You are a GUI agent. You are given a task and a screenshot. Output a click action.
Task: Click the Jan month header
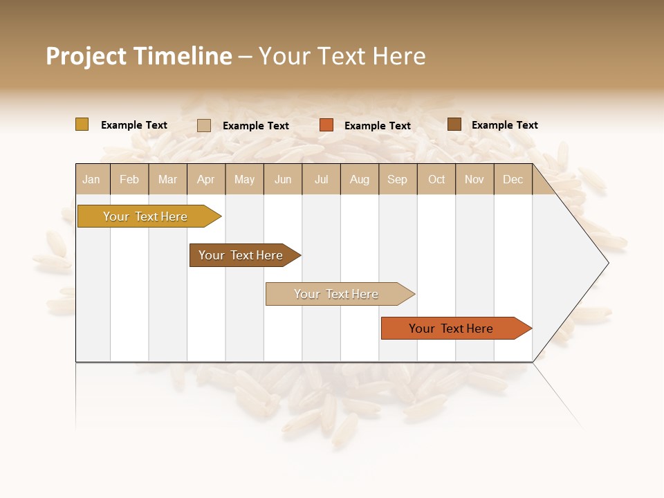click(x=92, y=179)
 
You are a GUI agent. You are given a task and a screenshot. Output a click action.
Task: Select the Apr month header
click(x=206, y=179)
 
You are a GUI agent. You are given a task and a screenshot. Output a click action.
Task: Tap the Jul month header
click(x=322, y=179)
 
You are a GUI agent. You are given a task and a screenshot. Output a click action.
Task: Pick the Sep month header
click(x=397, y=179)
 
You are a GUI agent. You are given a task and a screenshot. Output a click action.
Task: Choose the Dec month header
click(x=513, y=179)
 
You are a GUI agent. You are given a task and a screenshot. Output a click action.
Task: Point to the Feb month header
click(x=129, y=179)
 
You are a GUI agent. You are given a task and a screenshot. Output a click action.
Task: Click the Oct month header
click(x=436, y=179)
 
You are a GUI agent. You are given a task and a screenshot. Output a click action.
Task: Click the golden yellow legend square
click(x=82, y=124)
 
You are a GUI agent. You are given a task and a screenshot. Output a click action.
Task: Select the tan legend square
click(x=203, y=125)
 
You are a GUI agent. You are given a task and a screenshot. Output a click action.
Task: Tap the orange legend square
click(x=326, y=125)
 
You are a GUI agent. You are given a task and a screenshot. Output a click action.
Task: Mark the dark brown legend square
click(x=454, y=124)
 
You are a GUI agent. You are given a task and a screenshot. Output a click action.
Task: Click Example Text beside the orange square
click(x=377, y=126)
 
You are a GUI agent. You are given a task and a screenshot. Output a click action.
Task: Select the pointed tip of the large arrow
click(x=607, y=263)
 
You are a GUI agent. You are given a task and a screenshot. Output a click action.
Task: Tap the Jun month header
click(x=283, y=179)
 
